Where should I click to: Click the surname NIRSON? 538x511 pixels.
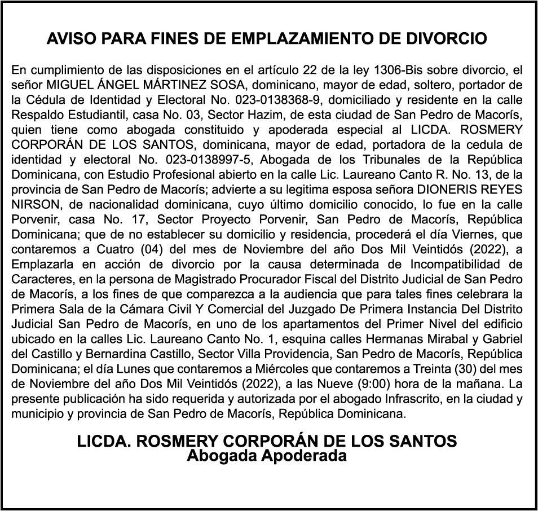click(32, 203)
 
